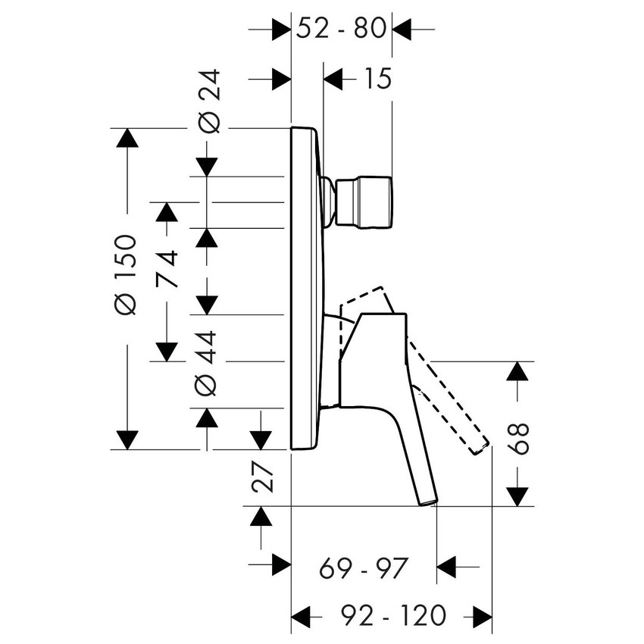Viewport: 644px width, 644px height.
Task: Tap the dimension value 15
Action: click(376, 78)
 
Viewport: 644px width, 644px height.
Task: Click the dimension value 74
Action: click(168, 268)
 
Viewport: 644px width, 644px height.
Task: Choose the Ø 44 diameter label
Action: click(207, 362)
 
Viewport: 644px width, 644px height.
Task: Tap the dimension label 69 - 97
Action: click(364, 567)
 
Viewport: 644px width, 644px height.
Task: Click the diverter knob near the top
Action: click(365, 202)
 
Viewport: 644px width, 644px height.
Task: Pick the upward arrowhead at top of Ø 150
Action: click(127, 139)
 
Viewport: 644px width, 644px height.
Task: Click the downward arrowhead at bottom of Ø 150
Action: click(127, 439)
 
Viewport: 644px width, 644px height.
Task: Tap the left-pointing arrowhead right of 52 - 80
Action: click(402, 30)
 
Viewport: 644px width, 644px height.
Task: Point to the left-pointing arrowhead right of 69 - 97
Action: click(447, 566)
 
